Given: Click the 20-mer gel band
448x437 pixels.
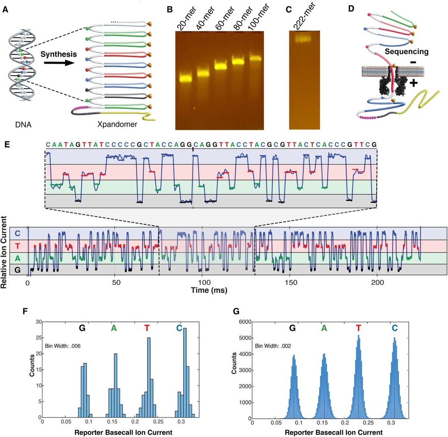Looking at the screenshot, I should click(x=186, y=78).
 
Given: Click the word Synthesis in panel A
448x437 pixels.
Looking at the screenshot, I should click(x=59, y=54).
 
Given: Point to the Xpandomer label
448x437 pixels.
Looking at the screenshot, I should click(x=117, y=124).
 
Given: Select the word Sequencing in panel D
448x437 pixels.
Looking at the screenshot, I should click(x=407, y=52).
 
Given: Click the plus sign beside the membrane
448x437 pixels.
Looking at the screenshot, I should click(x=413, y=83).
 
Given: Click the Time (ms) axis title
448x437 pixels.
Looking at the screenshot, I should click(x=209, y=290).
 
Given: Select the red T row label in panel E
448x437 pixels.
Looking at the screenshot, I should click(x=17, y=246).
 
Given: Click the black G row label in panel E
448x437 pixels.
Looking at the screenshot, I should click(x=17, y=270).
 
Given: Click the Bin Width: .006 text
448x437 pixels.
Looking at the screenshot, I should click(x=63, y=346).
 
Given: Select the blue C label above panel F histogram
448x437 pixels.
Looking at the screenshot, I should click(x=179, y=328).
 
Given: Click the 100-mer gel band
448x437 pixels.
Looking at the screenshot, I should click(x=256, y=58).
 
